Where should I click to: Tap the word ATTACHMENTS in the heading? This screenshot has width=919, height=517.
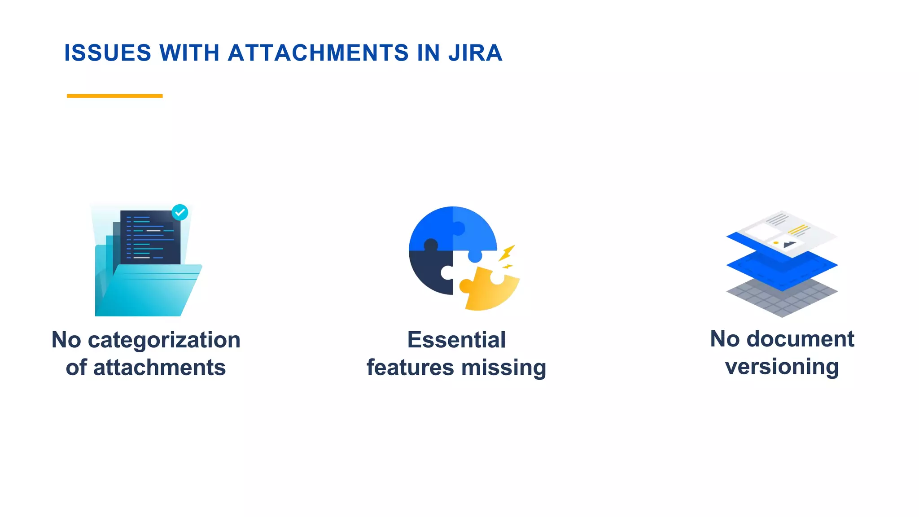(319, 53)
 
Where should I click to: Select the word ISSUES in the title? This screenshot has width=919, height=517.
(108, 53)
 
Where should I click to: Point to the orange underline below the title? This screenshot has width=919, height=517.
(114, 96)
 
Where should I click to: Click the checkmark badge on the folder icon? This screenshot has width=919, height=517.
(180, 212)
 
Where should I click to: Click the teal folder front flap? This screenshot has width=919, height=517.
(148, 292)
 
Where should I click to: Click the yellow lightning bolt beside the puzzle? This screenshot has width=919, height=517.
(507, 253)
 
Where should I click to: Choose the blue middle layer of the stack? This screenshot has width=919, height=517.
(782, 269)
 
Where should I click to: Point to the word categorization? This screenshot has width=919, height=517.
(164, 340)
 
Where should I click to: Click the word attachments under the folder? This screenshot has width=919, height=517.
(159, 368)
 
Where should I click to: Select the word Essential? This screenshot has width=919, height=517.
(456, 340)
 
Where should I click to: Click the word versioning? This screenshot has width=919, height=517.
(782, 367)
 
